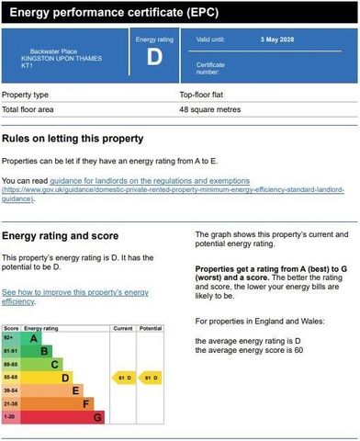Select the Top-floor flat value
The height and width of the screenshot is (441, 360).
pyautogui.click(x=203, y=95)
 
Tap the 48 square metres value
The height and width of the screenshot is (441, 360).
pyautogui.click(x=208, y=109)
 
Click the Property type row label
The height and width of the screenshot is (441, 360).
pyautogui.click(x=26, y=95)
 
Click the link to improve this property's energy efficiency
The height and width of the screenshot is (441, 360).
pyautogui.click(x=74, y=296)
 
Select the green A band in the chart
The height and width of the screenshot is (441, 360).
pyautogui.click(x=33, y=338)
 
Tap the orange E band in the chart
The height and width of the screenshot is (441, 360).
pyautogui.click(x=76, y=390)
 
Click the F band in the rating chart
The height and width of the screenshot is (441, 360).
pyautogui.click(x=86, y=402)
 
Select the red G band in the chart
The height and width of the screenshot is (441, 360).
pyautogui.click(x=97, y=416)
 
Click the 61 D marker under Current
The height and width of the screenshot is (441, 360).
pyautogui.click(x=123, y=377)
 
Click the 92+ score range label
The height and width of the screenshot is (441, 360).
pyautogui.click(x=10, y=338)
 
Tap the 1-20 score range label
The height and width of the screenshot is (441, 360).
pyautogui.click(x=10, y=416)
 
